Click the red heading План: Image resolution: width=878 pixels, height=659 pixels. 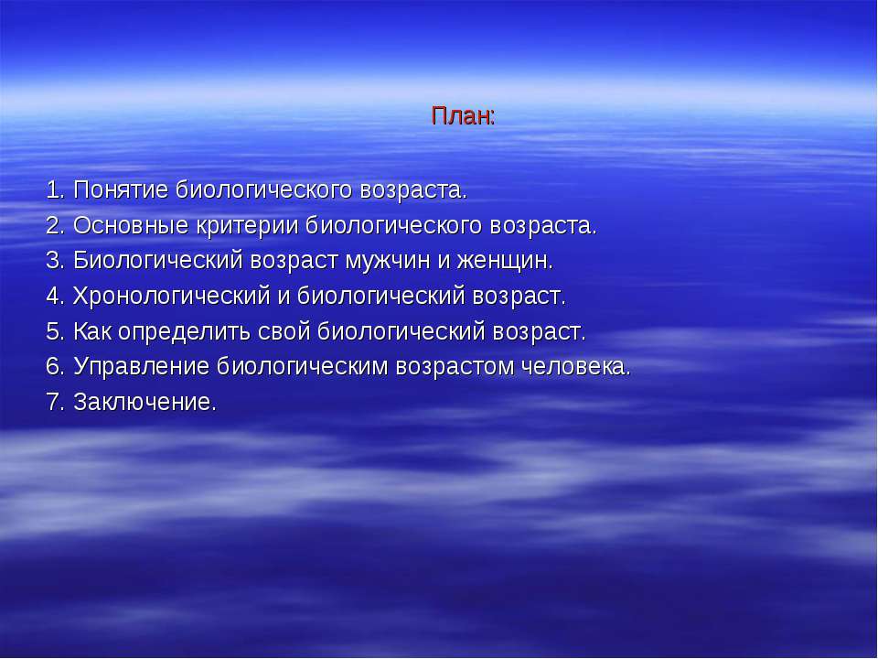click(463, 116)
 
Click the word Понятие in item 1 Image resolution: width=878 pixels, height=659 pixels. click(121, 190)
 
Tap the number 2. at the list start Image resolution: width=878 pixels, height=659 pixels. click(56, 225)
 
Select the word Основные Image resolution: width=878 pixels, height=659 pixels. click(131, 225)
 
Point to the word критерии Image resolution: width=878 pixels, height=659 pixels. click(247, 225)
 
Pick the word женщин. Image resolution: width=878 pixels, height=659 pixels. click(505, 261)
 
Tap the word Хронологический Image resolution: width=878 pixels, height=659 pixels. click(172, 296)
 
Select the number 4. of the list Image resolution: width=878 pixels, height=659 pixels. click(56, 296)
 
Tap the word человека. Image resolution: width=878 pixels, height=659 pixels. click(575, 367)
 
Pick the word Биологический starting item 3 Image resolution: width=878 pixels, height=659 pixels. click(158, 261)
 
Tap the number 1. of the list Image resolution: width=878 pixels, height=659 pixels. click(56, 190)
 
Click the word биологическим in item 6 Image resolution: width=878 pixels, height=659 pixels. click(303, 366)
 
